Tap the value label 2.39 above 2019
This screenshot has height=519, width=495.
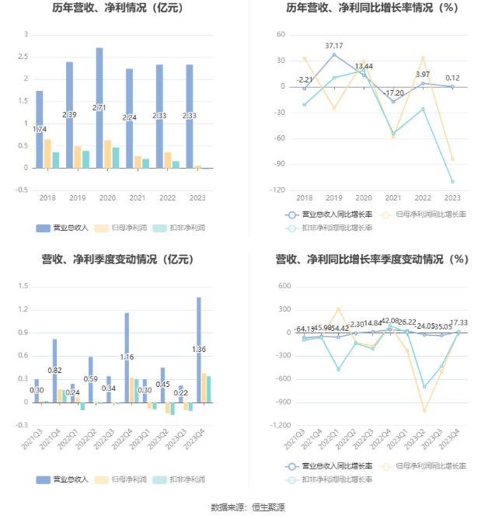pos(69,115)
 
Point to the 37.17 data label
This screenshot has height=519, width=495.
pos(334,46)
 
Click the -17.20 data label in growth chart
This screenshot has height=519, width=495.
pos(393,92)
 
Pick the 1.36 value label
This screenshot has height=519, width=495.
pos(199,350)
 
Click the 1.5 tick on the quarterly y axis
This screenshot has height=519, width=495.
pos(23,286)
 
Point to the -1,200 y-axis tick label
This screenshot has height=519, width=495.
pos(277,426)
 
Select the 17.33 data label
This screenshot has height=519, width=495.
pos(458,322)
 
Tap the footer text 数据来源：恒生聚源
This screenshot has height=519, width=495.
pos(247,507)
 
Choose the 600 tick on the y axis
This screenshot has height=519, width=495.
pos(284,286)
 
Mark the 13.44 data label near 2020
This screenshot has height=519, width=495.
pos(364,66)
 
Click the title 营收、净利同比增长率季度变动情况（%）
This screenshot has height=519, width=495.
pos(371,259)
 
